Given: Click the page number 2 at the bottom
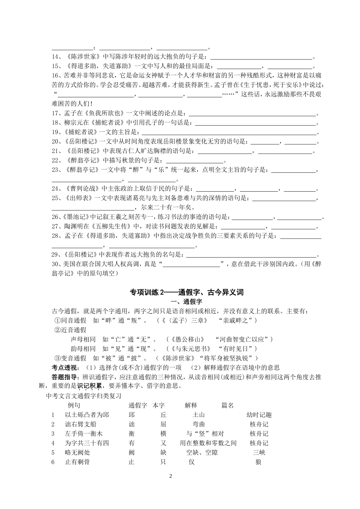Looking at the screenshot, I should pyautogui.click(x=171, y=476).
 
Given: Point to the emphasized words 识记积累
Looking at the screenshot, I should pyautogui.click(x=89, y=386).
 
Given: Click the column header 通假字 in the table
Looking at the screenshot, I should pyautogui.click(x=138, y=405).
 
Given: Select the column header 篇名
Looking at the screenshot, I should pyautogui.click(x=227, y=405).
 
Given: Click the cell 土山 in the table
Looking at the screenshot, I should pyautogui.click(x=199, y=415).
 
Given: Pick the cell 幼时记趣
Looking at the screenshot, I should pyautogui.click(x=259, y=415).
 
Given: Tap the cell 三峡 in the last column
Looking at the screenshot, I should pyautogui.click(x=259, y=452).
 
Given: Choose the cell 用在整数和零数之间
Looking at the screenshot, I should pyautogui.click(x=208, y=443).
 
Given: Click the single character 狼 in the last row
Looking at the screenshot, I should pyautogui.click(x=258, y=462).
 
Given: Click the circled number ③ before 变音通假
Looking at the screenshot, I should pyautogui.click(x=58, y=358).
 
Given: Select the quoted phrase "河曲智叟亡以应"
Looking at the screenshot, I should pyautogui.click(x=243, y=339).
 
